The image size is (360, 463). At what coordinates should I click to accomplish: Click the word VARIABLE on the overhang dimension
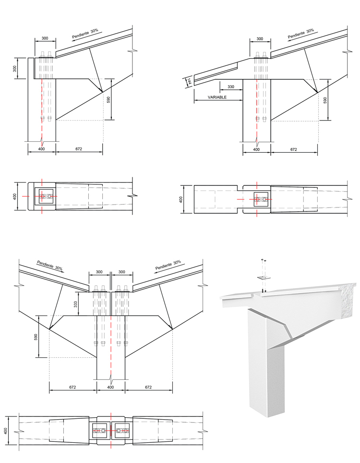pos(217,97)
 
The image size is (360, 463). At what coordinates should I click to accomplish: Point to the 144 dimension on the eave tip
pos(189,81)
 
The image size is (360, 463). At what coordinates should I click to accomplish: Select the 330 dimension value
pos(230,86)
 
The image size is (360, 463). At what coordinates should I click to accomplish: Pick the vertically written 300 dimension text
pos(15,68)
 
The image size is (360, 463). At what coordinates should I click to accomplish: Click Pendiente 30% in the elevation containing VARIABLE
pos(300,34)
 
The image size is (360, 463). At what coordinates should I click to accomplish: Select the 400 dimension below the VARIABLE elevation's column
pos(256,149)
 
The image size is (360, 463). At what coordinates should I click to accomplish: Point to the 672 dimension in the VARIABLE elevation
pos(293,149)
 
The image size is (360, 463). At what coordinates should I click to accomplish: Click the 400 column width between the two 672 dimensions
pos(111,387)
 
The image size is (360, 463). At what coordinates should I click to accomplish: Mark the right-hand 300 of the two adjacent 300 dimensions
pos(122,272)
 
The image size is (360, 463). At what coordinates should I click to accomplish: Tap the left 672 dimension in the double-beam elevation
pos(73,387)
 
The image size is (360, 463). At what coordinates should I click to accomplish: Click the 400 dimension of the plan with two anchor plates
pos(7,431)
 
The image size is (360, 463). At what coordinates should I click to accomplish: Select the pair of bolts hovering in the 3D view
pos(263,265)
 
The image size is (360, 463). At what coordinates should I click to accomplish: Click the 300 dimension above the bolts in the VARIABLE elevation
pos(260,39)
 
